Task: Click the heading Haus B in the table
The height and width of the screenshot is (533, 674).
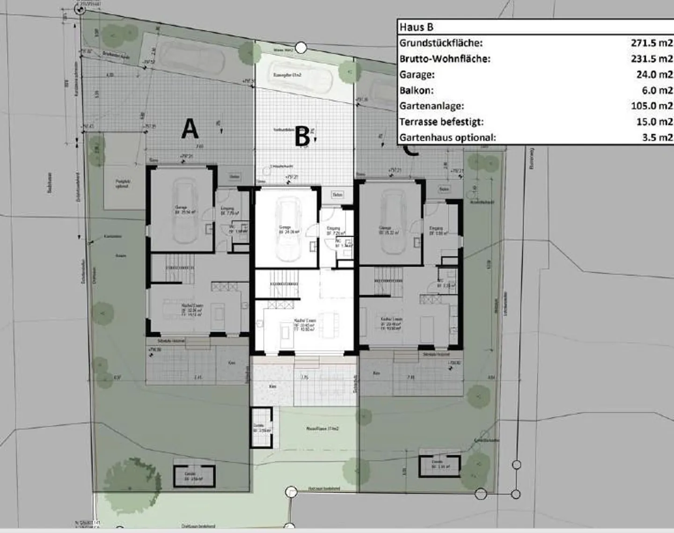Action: tap(416, 27)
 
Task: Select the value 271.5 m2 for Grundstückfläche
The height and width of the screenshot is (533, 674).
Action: tap(652, 43)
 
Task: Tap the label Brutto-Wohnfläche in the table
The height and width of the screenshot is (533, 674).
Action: tap(445, 59)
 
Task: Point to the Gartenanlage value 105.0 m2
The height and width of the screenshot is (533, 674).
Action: tap(652, 106)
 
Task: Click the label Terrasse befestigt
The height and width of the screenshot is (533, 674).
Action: tap(441, 122)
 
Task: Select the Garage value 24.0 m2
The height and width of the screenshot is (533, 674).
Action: tap(654, 74)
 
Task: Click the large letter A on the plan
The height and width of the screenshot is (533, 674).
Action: tap(190, 129)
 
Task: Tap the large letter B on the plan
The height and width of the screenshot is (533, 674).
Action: tap(303, 137)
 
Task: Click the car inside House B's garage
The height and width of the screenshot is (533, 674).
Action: tap(287, 229)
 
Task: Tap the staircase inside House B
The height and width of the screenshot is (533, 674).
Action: tap(285, 284)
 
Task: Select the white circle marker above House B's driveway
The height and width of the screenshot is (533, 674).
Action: tap(302, 47)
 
